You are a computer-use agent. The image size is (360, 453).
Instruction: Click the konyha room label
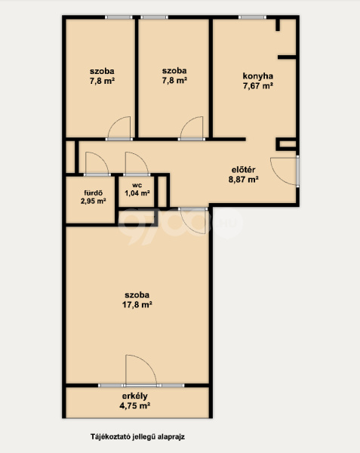[x=258, y=76]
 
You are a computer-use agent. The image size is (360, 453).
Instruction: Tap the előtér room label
[x=244, y=170]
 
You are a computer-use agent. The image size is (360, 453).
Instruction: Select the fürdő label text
[x=94, y=193]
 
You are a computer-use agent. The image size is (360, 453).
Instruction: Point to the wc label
[x=137, y=186]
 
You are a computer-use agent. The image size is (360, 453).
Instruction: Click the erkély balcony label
[x=135, y=396]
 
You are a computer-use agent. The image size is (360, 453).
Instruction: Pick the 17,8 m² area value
[x=137, y=305]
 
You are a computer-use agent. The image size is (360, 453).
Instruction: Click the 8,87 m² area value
[x=243, y=180]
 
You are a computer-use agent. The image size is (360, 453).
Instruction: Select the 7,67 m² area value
[x=258, y=86]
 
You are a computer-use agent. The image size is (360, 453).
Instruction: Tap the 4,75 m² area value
[x=135, y=405]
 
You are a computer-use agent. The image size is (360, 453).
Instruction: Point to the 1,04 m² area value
[x=137, y=193]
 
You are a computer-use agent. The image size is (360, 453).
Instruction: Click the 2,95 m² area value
[x=94, y=201]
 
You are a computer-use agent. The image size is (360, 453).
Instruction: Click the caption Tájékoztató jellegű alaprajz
[x=137, y=436]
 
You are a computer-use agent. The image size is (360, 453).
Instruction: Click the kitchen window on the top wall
[x=252, y=17]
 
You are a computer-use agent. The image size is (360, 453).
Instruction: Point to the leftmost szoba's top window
[x=118, y=17]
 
